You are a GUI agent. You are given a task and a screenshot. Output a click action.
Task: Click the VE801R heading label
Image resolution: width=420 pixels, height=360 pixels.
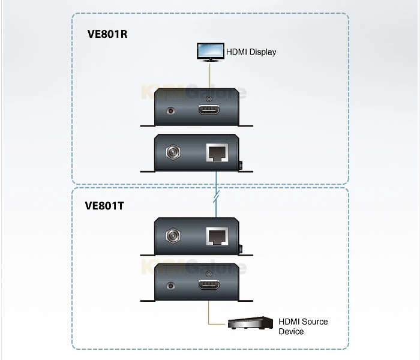[107, 34]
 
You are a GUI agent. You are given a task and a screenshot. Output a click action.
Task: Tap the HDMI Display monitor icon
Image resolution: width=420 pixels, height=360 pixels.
[209, 50]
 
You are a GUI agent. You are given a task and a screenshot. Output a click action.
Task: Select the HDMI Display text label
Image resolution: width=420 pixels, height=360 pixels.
[251, 52]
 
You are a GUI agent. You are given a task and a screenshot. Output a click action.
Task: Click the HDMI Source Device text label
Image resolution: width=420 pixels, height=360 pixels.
[303, 326]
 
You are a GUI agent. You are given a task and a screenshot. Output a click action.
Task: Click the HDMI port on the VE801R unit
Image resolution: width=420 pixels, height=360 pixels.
[209, 111]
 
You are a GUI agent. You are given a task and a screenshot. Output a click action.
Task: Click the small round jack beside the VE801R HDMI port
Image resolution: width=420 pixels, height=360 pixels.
[173, 111]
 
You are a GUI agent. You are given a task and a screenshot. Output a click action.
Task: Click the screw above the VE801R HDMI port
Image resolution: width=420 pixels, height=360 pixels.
[209, 98]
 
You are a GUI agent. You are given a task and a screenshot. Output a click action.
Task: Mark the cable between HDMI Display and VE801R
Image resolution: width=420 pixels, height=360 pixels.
[209, 75]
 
